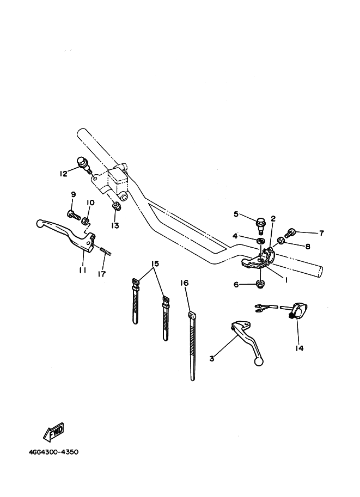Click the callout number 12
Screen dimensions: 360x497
coord(63,174)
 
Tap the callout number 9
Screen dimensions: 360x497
coord(73,195)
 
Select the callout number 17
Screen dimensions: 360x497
coord(102,274)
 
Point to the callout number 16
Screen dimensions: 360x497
coord(185,283)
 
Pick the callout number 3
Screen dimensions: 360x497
coord(212,358)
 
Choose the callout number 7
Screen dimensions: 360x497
coord(321,233)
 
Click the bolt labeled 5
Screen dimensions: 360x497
coord(261,223)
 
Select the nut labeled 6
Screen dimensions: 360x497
coord(260,284)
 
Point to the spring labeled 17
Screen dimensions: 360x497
coord(106,252)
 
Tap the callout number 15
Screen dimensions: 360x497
coord(155,263)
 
